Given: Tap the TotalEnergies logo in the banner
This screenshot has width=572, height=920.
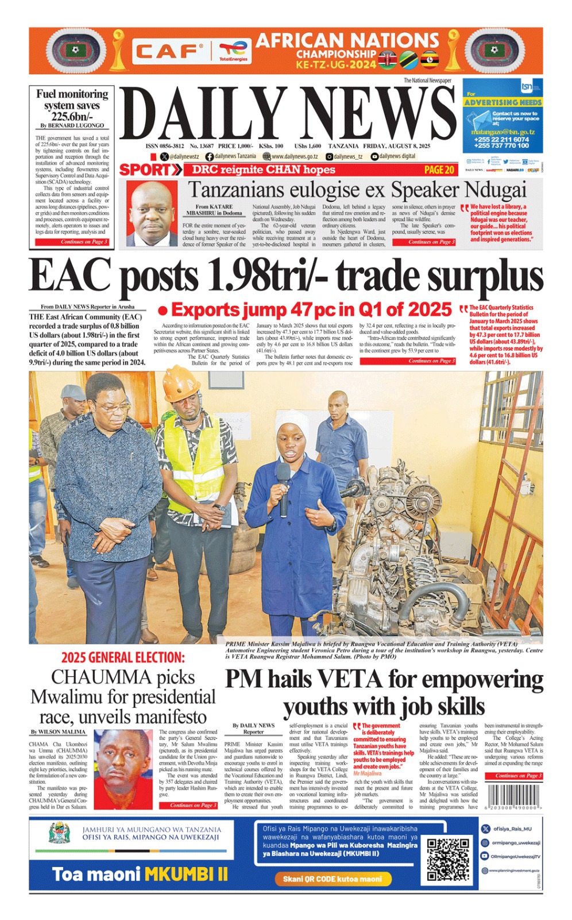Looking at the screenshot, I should point(233,51).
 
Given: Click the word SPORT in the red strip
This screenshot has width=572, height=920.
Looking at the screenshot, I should point(145,170).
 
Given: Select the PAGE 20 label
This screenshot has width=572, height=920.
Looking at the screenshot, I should point(439,170).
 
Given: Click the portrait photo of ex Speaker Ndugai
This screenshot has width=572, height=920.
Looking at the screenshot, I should point(152,213).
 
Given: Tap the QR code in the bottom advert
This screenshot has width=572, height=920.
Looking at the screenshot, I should point(448,860).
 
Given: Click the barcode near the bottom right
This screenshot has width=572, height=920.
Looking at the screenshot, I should point(513,797).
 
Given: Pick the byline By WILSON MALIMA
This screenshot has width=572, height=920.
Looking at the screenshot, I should point(58,732).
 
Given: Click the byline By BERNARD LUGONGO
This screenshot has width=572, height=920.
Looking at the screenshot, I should point(72,125).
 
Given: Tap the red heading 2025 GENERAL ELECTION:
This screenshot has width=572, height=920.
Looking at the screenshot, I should point(123,657).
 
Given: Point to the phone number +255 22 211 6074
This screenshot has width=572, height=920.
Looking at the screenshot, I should point(501,139).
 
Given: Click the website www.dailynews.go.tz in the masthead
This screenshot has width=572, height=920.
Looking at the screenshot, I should point(294,156).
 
